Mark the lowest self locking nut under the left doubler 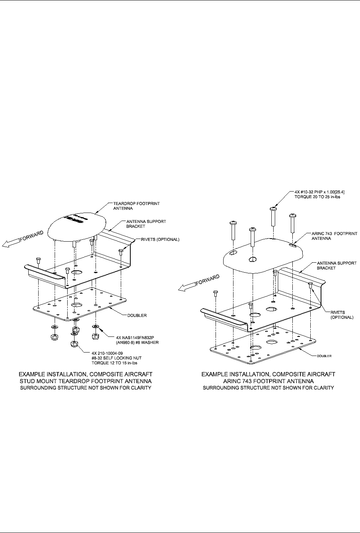[74, 343]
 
